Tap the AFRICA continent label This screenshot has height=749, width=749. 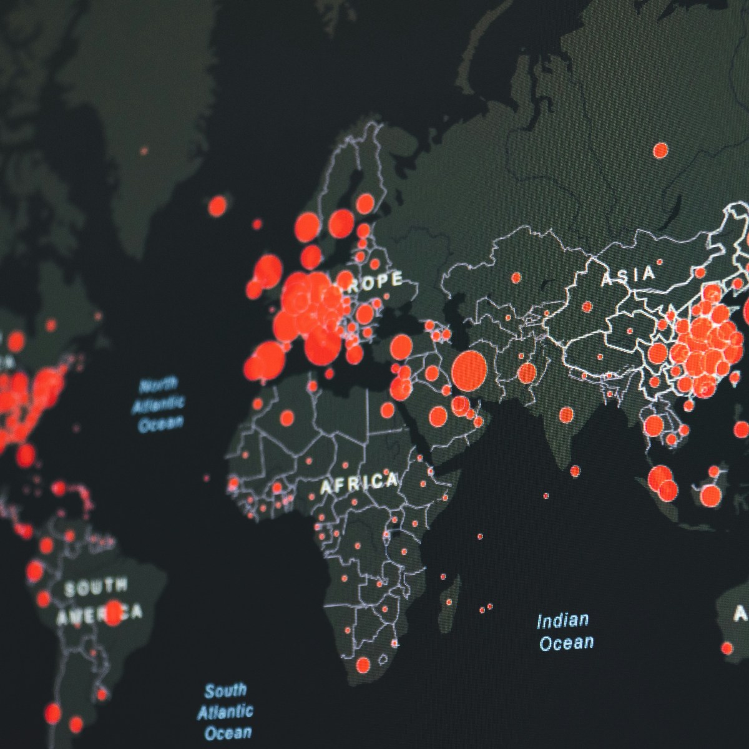359,482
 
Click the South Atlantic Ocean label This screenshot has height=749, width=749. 226,711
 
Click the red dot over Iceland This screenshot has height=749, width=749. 217,205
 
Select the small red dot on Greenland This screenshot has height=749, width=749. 144,150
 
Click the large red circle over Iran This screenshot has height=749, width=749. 469,370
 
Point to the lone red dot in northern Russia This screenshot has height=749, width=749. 660,150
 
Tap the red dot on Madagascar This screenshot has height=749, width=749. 448,602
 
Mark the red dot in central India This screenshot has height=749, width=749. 566,413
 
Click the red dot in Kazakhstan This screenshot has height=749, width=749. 516,277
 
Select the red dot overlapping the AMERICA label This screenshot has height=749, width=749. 113,613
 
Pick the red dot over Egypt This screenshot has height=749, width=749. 388,410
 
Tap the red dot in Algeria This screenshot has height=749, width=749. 287,417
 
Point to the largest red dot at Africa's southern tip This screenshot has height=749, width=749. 363,666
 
